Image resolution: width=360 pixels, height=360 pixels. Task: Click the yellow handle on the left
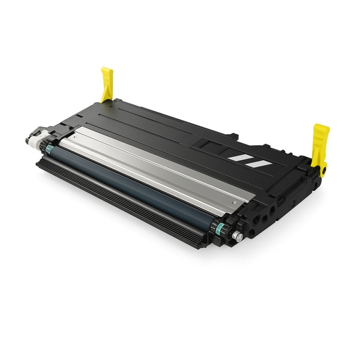point(107,83)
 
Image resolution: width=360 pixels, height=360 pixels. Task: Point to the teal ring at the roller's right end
point(220,227)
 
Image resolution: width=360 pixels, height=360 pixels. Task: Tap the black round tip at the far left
point(28,141)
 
